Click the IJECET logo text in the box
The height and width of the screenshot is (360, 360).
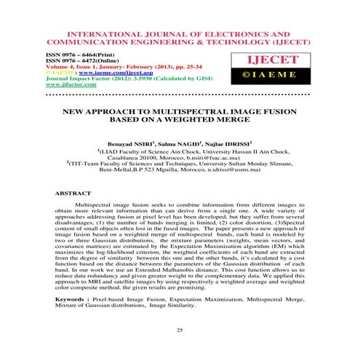(289, 60)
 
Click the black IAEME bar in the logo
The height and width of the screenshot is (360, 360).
(289, 74)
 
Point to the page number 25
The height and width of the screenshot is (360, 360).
(179, 331)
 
